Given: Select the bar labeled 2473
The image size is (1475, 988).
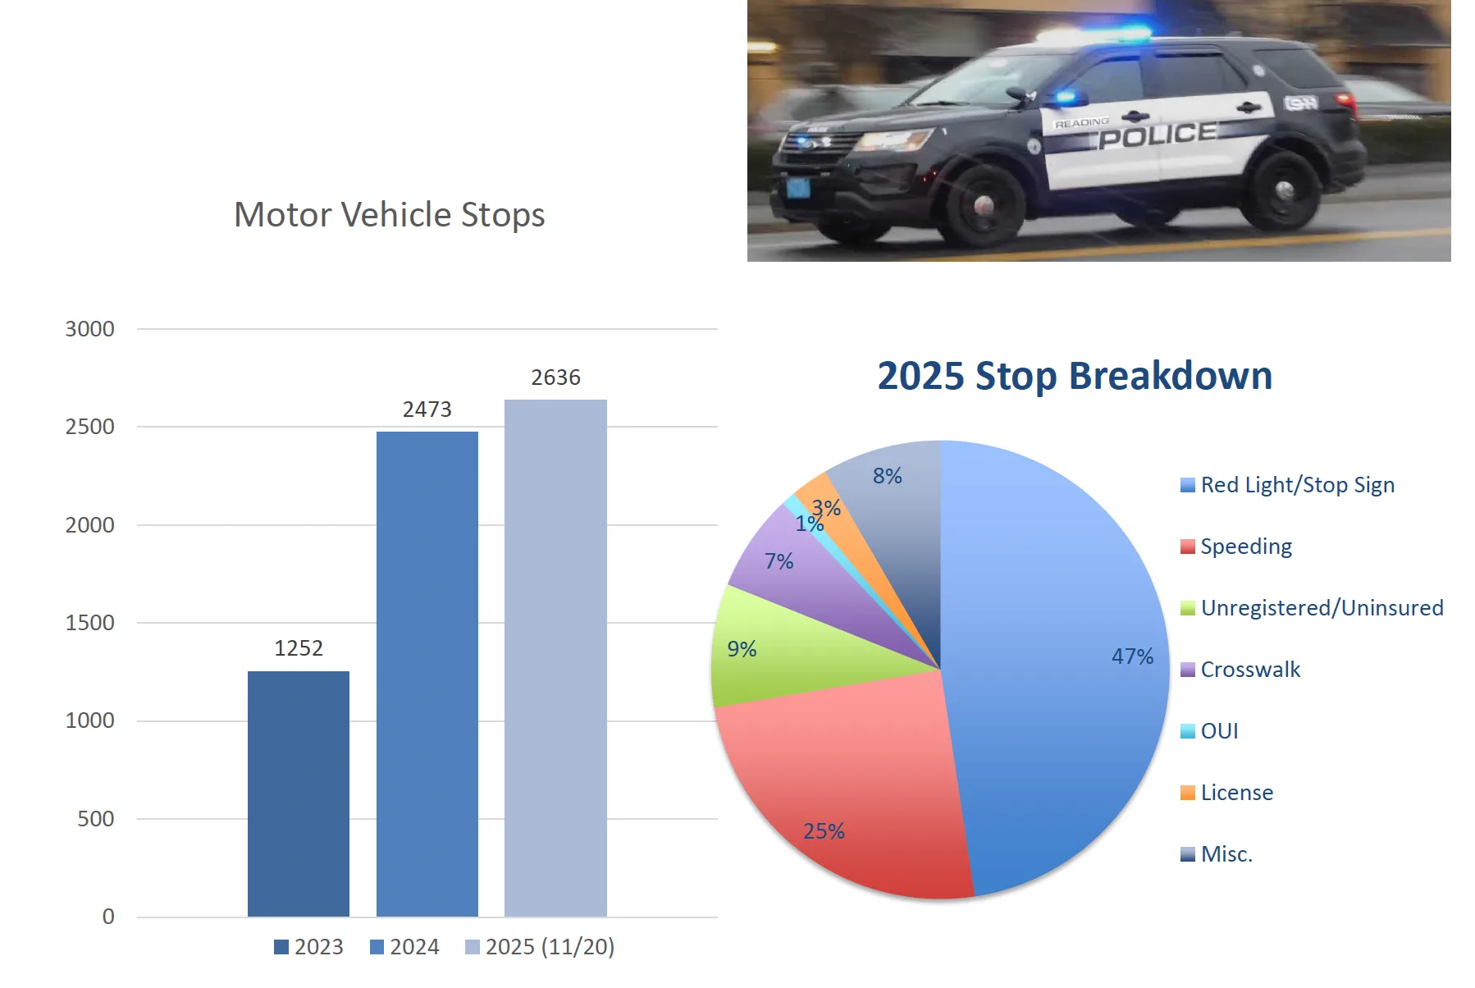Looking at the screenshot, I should pos(427,673).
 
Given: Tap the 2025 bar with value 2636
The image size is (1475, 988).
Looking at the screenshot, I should pos(555,656).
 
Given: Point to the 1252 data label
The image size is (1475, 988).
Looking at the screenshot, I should pos(299,648).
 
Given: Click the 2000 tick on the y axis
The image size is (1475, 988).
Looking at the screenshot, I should pos(90,525).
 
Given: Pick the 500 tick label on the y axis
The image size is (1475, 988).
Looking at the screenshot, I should pos(96,819).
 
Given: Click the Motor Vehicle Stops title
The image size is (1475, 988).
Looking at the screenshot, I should pos(389,215).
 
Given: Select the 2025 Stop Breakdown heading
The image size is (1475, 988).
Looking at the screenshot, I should pos(1075,376).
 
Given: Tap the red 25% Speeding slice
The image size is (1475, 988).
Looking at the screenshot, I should pos(853,788).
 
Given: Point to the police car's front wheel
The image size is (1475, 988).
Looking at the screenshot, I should pos(983,205).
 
